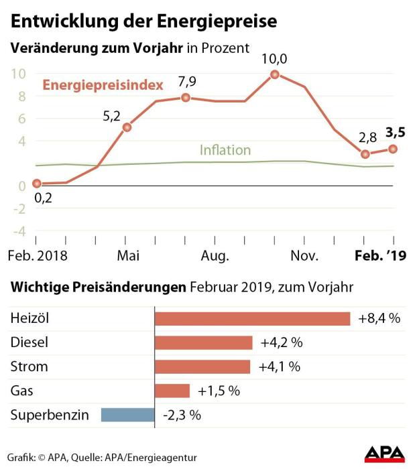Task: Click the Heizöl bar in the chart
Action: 252,318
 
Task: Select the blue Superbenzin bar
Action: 127,415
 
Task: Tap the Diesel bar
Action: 203,342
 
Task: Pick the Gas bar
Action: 172,391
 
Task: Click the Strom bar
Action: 202,366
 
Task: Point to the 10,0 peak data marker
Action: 275,74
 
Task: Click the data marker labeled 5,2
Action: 126,127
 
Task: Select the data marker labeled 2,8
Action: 365,154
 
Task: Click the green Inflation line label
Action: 225,150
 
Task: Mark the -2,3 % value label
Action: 182,415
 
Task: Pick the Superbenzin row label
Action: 50,415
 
